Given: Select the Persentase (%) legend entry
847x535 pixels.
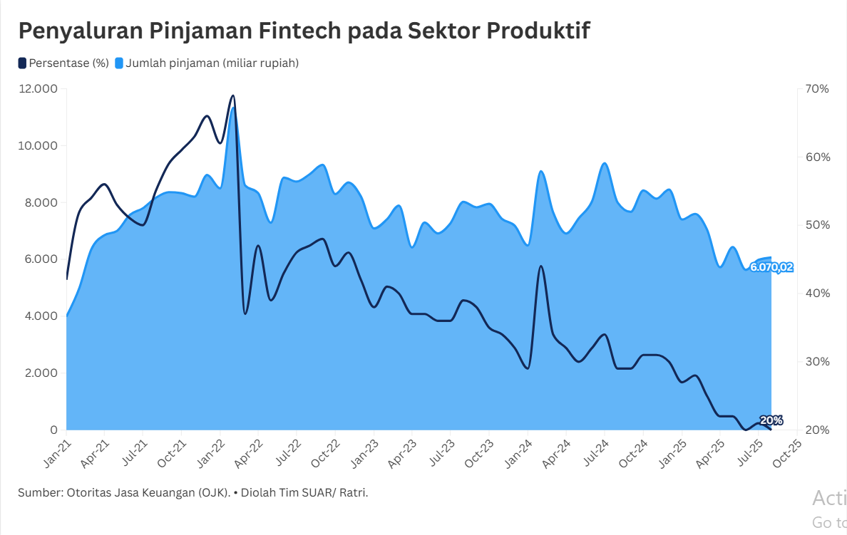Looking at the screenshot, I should point(68,63).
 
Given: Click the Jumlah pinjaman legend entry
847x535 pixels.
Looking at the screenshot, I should point(212,63).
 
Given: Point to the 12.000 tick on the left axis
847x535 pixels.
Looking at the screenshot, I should point(38,89).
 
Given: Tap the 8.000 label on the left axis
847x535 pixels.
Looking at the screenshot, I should point(41,202).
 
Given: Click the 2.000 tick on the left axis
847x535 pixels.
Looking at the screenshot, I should point(41,373).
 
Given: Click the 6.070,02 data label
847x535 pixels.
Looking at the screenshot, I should point(771,268).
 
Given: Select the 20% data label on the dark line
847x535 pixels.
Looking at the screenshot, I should point(771,420).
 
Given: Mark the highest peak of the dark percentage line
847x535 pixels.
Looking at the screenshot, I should point(233,95).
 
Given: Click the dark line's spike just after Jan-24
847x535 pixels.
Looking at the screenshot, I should point(541,266).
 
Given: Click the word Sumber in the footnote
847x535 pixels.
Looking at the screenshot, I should point(39,493).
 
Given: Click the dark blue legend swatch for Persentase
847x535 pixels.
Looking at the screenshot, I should point(22,63).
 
